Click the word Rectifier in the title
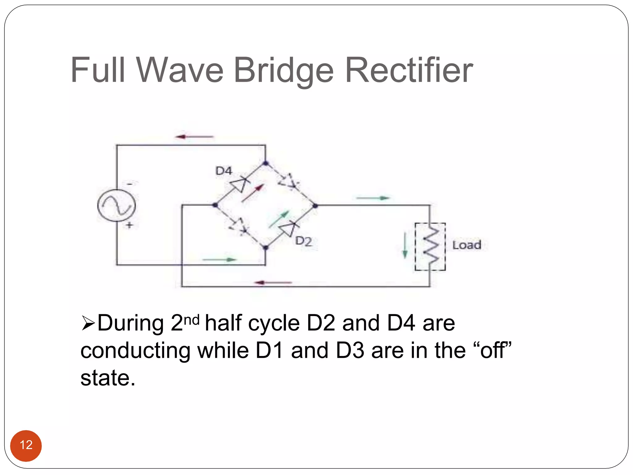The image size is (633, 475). tap(409, 71)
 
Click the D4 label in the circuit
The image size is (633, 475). tap(223, 171)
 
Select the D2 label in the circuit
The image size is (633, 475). tap(303, 241)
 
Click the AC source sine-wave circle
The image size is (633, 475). tap(117, 205)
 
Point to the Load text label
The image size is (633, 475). tap(467, 245)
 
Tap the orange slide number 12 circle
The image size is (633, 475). tap(26, 445)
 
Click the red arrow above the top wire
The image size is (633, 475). tap(194, 136)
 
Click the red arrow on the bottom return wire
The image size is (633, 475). tap(273, 282)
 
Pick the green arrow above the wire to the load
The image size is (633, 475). tap(373, 198)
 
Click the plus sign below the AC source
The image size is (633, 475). tap(129, 225)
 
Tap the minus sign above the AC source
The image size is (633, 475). tap(130, 184)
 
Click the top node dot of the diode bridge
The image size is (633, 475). tap(266, 163)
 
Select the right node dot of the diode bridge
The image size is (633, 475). tap(315, 205)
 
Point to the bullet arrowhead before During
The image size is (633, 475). tap(88, 323)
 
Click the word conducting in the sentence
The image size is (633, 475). tap(135, 351)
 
